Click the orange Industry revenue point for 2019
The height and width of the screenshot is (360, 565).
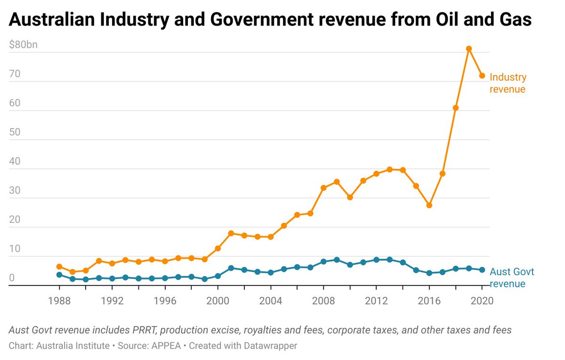click(x=469, y=49)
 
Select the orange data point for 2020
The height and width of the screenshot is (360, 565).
click(x=482, y=76)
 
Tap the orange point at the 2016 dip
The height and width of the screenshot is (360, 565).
click(x=429, y=205)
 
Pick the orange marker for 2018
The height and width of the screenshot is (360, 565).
click(x=456, y=108)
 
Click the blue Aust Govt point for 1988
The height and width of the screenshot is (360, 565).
click(x=59, y=275)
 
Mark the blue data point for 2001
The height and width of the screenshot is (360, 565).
click(x=231, y=268)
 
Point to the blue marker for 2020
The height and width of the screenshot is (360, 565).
click(x=482, y=270)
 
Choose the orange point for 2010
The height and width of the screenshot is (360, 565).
click(x=350, y=197)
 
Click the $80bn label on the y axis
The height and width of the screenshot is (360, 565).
click(x=23, y=45)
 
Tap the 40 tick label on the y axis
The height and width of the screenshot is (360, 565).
click(x=15, y=161)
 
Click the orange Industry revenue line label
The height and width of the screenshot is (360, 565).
click(x=508, y=83)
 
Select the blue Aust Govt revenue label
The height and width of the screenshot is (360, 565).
click(x=512, y=278)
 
